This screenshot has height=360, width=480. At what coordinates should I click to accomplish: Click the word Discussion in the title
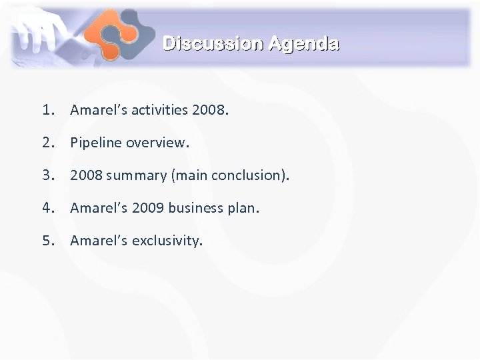213,44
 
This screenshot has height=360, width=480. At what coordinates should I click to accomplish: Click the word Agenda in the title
304,44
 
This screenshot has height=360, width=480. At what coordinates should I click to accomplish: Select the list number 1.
47,110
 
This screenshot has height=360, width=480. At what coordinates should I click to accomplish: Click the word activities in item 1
157,110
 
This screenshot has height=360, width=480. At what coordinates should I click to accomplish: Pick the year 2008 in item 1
208,110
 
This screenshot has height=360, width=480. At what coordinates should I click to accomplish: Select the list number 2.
47,143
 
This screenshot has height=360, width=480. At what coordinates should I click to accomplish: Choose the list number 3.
47,175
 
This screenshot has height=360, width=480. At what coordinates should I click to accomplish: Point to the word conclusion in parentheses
251,175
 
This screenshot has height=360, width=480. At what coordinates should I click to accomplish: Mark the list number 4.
47,208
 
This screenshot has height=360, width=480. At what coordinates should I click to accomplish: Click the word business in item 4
195,208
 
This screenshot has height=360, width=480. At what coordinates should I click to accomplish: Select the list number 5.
47,240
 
